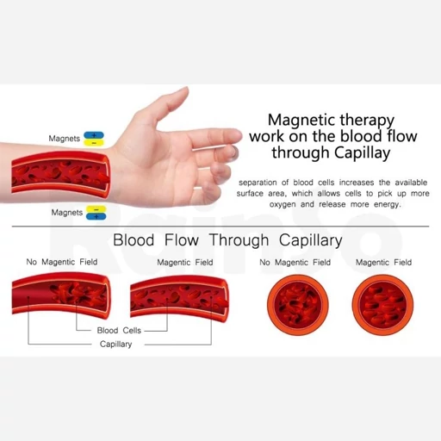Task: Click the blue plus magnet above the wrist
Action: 94,135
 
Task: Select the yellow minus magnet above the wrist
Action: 94,143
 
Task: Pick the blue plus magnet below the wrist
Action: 96,216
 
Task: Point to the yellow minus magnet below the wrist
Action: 96,209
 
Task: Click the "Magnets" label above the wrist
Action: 65,139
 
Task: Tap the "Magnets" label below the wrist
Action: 67,213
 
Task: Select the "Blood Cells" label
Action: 119,331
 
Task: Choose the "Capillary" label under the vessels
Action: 115,345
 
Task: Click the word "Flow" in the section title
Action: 182,240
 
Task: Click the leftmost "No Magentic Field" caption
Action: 62,262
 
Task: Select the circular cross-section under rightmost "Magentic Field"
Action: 382,305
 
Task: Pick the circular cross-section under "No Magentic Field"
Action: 298,305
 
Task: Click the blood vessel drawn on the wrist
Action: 61,175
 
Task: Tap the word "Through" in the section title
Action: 239,240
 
